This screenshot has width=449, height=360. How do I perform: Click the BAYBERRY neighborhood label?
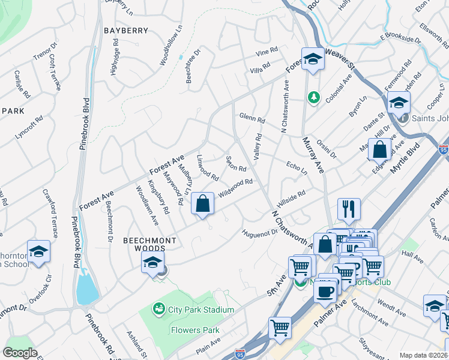(x=125, y=30)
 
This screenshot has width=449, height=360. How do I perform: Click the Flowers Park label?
(x=194, y=330)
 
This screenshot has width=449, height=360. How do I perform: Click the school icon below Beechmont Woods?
(x=152, y=262)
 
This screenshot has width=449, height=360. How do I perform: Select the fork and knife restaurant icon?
(x=349, y=209)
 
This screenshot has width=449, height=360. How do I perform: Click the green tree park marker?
(x=313, y=97)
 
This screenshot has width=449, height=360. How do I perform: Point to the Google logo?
(x=20, y=353)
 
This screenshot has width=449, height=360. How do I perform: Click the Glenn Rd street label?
(x=252, y=118)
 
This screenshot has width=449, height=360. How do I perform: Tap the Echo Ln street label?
(x=297, y=166)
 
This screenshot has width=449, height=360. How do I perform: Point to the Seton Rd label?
(x=236, y=164)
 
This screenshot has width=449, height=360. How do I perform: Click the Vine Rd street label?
(x=267, y=52)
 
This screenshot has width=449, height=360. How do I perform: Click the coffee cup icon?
(x=325, y=292)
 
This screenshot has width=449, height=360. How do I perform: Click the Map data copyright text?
(x=423, y=355)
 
